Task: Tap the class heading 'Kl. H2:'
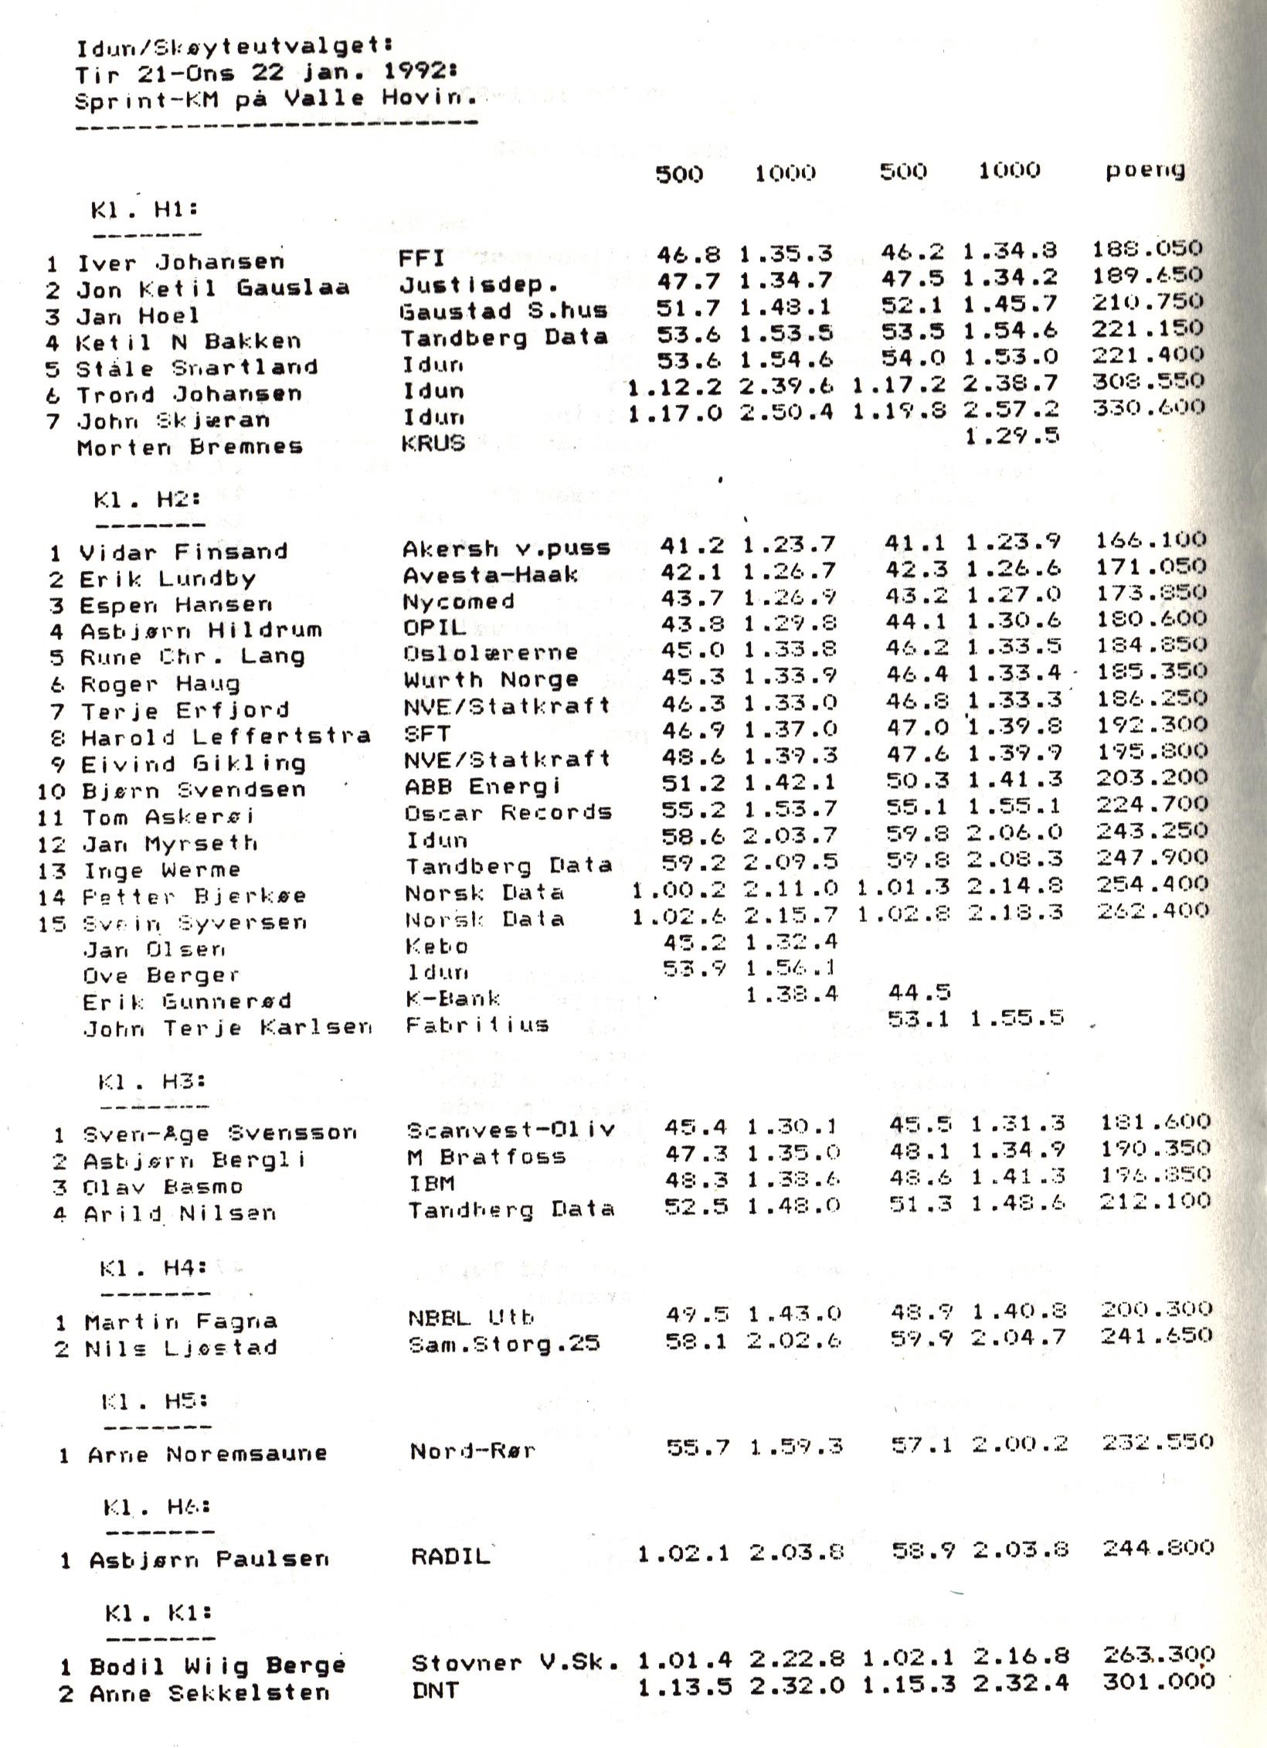147,499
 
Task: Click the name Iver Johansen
180,262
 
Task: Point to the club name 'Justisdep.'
478,285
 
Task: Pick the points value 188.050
1146,249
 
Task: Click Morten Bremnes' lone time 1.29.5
1011,436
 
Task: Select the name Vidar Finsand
183,552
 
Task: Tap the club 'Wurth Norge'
491,680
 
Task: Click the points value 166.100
1150,540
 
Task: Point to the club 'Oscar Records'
508,813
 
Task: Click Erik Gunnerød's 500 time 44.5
919,992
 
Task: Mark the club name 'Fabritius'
477,1025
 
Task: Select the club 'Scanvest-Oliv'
511,1131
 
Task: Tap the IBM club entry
432,1183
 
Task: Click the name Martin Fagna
181,1321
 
